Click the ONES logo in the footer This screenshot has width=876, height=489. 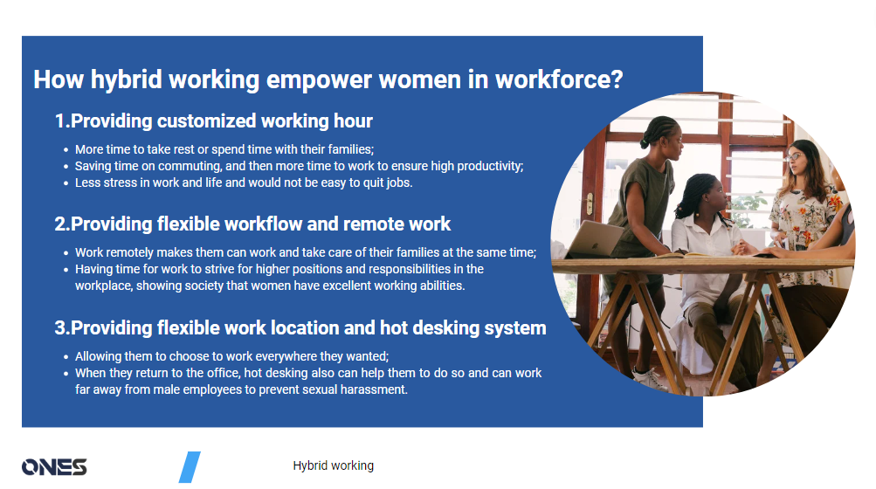tap(54, 467)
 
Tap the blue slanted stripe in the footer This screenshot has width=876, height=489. tap(190, 467)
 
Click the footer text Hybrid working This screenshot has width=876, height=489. tap(333, 466)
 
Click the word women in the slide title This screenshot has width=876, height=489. tap(419, 79)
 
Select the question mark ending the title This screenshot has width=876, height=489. tap(616, 79)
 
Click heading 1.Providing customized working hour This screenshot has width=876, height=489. tap(213, 121)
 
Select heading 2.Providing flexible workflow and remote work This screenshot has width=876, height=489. tap(252, 224)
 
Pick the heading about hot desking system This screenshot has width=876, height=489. tap(300, 328)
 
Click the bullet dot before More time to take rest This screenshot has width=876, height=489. tap(66, 150)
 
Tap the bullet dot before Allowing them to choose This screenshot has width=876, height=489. tap(66, 357)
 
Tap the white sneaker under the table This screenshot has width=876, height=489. tap(651, 377)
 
